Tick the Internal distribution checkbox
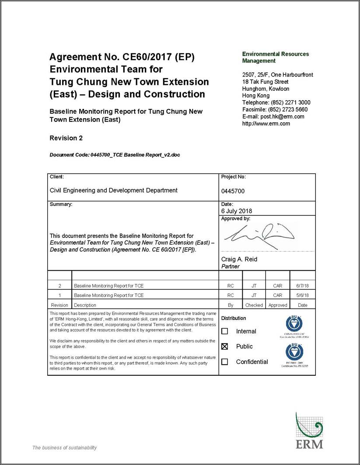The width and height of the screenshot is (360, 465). pyautogui.click(x=225, y=331)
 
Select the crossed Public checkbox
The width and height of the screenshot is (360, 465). pyautogui.click(x=225, y=346)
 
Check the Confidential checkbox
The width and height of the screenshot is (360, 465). pyautogui.click(x=225, y=362)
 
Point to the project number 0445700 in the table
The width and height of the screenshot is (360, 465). pyautogui.click(x=233, y=191)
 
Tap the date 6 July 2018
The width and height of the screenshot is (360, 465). pyautogui.click(x=237, y=211)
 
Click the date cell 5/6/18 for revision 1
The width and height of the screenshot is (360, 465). pyautogui.click(x=302, y=296)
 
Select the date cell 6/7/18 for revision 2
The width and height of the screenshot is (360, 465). pyautogui.click(x=302, y=286)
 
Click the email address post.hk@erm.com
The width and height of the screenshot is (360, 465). pyautogui.click(x=273, y=116)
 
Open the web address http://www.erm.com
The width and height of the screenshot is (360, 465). pyautogui.click(x=266, y=123)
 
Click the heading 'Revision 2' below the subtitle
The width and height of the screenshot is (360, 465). pyautogui.click(x=66, y=138)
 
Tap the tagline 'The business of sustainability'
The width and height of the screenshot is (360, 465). pyautogui.click(x=64, y=447)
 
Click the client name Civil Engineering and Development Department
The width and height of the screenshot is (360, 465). pyautogui.click(x=114, y=190)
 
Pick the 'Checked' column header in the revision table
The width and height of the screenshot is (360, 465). pyautogui.click(x=254, y=305)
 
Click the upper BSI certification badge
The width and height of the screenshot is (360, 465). pyautogui.click(x=294, y=324)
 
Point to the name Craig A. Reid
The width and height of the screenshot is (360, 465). pyautogui.click(x=239, y=259)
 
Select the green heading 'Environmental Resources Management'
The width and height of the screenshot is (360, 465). pyautogui.click(x=275, y=57)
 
